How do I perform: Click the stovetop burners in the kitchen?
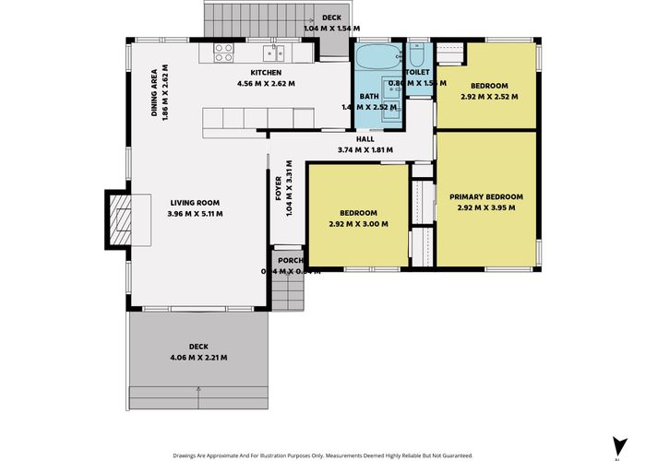(x=224, y=53)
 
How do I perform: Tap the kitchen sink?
(x=270, y=53)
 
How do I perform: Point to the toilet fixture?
(x=417, y=53)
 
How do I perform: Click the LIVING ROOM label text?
(x=195, y=203)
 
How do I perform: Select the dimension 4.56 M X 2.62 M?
(x=266, y=84)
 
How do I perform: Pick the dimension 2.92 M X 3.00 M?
(x=358, y=223)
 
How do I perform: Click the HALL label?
(x=365, y=139)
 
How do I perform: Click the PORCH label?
(x=291, y=261)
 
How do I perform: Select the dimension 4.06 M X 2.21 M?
(x=198, y=357)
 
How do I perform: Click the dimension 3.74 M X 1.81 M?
(x=365, y=149)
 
